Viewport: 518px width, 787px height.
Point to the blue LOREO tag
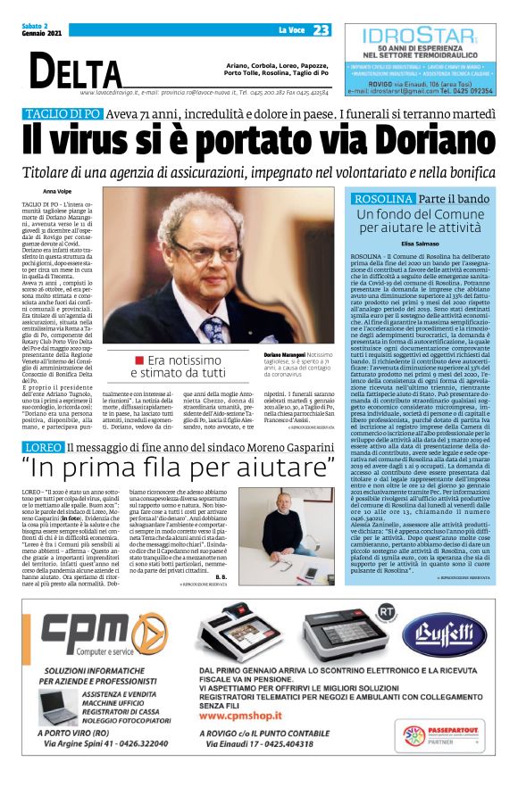click(x=43, y=420)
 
